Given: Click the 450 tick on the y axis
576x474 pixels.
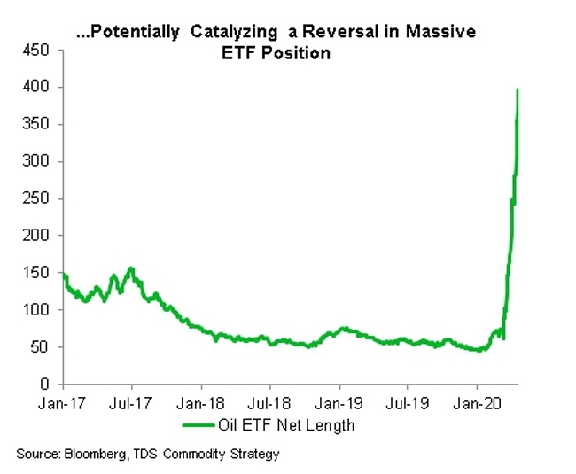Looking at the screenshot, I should pos(39,51).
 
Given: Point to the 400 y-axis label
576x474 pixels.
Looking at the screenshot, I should pos(39,88).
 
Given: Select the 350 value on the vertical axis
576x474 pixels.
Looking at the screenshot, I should pos(39,125).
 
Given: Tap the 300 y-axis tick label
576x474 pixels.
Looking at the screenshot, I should pos(39,162).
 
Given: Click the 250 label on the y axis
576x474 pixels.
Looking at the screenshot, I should pos(39,199).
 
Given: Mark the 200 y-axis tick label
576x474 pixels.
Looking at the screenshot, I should pos(39,237).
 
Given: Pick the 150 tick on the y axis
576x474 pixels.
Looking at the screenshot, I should pos(39,274).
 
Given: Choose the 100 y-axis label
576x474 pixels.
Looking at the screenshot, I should pos(39,310).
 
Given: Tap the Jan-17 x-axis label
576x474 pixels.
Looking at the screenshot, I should pos(63,400).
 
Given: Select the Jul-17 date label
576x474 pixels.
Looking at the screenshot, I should pos(131,400).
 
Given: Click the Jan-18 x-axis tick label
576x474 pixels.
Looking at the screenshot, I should pos(201,400).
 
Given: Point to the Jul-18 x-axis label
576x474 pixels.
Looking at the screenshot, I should pos(269,400).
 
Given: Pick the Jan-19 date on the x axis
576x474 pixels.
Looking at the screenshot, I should pos(339,400).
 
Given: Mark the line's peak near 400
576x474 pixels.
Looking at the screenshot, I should pos(518,89).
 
